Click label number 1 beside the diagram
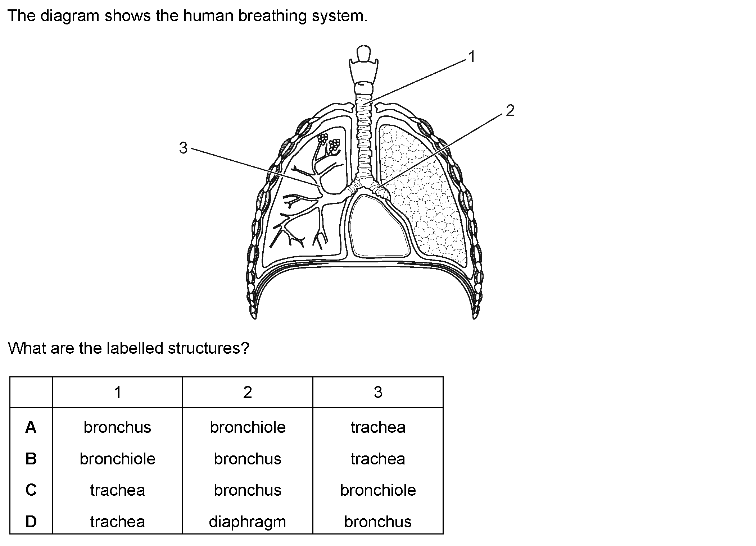pos(472,57)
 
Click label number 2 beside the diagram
pos(510,111)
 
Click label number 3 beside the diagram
pos(183,148)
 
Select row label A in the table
pos(31,427)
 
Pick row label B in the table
pos(31,459)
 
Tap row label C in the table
pos(31,490)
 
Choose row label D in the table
pos(31,522)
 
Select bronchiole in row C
pos(378,490)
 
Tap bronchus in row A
pos(117,427)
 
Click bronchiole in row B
pos(117,459)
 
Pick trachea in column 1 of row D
pos(117,522)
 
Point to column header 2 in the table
pos(247,392)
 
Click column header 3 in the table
pos(378,392)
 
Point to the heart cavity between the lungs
pos(380,227)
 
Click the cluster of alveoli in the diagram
pos(329,142)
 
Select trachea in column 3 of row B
pos(378,459)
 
